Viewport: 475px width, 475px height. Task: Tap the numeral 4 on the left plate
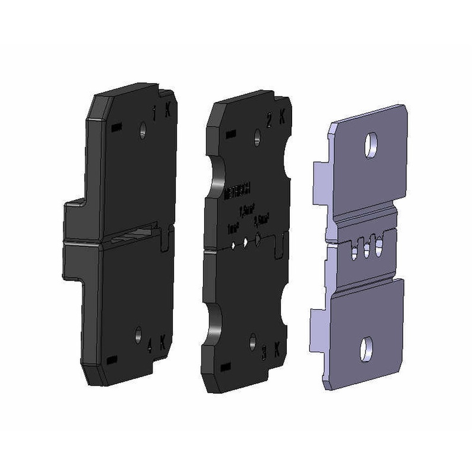point(150,348)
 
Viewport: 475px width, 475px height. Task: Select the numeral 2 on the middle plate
point(269,122)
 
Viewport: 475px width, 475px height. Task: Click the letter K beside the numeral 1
point(168,112)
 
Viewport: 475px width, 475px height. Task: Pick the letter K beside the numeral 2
point(282,120)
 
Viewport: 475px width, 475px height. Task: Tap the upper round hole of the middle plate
point(257,137)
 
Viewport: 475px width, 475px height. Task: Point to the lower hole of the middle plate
point(253,342)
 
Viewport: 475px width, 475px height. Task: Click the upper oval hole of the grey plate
point(370,145)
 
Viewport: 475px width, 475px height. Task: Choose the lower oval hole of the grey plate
point(366,350)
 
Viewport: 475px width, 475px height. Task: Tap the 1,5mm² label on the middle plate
point(247,210)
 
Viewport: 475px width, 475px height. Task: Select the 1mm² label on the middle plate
point(233,228)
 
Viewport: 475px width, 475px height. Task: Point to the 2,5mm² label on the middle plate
point(262,220)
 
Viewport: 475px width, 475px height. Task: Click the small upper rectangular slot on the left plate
point(116,128)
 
